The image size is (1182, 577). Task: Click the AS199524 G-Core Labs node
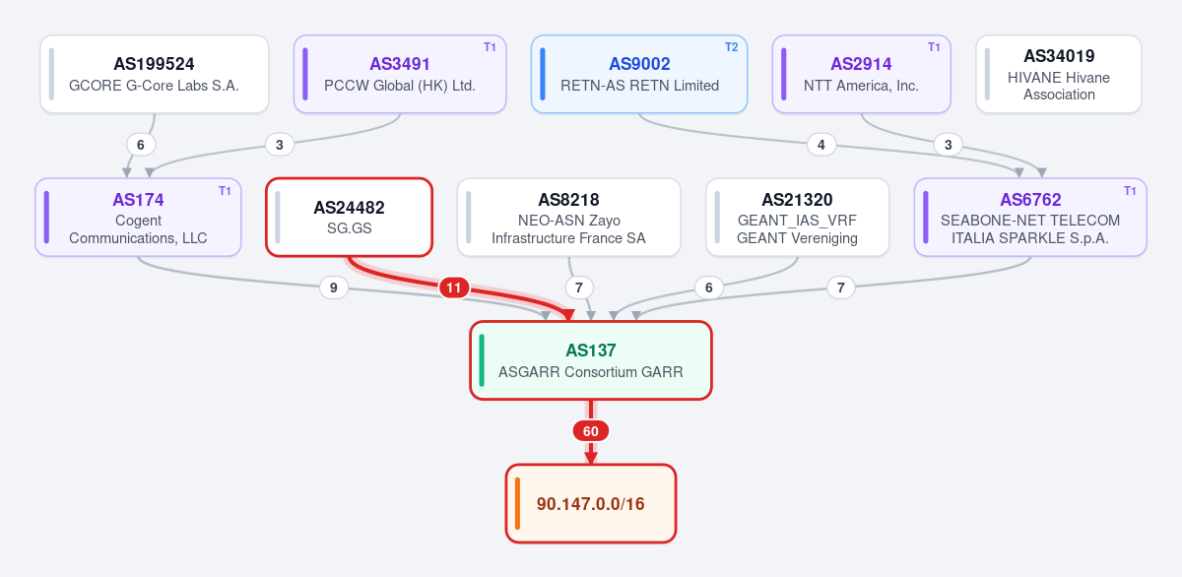pos(154,74)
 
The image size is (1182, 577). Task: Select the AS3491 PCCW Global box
pos(400,74)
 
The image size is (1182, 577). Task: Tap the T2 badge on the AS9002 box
pos(731,47)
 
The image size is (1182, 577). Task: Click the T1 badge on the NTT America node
pos(934,47)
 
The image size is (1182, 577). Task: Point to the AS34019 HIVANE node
pos(1059,74)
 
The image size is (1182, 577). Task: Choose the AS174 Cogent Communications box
pos(138,218)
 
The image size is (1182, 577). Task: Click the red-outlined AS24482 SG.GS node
pos(350,218)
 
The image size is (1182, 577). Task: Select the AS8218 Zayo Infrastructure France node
pos(569,218)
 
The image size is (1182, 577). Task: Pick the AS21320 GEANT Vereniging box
pos(797,218)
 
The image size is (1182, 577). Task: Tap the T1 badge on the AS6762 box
pos(1130,191)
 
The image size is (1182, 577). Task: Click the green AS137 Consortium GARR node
pos(591,360)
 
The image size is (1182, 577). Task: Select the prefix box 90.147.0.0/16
pos(591,504)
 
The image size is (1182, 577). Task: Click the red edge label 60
pos(591,431)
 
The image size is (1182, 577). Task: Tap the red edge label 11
pos(454,288)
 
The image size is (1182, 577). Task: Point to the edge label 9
pos(334,288)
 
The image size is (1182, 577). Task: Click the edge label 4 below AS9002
pos(821,145)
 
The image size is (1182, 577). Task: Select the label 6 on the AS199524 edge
pos(140,145)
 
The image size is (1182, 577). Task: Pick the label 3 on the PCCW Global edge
pos(279,145)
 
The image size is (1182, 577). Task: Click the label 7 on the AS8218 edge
pos(579,288)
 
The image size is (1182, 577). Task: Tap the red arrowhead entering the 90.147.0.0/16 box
pos(591,458)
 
